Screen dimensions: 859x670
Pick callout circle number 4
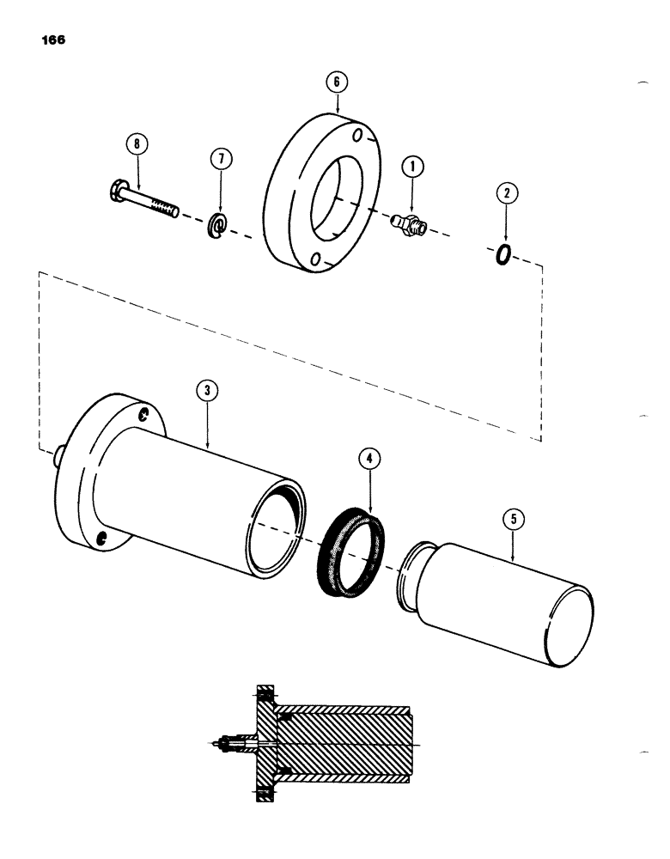(369, 459)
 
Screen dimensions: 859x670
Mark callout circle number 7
(220, 160)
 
